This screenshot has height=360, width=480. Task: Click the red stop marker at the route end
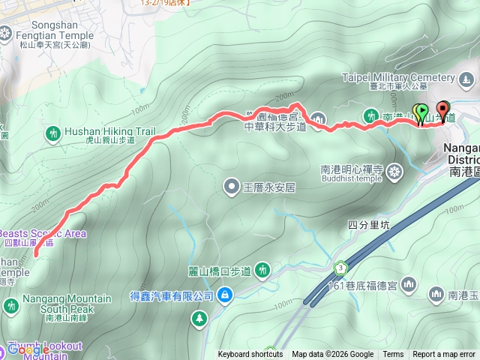pos(442,110)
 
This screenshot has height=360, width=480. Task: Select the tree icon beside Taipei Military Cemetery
pos(466,78)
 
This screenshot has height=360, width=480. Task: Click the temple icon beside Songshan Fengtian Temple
pos(6,33)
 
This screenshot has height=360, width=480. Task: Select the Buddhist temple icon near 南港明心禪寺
pos(395,174)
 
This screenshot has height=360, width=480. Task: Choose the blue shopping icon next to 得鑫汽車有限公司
pos(223,296)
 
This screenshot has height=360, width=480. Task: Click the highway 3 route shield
pos(340,268)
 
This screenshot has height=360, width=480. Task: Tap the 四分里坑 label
pos(370,223)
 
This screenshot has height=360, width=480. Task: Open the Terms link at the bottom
pos(393,355)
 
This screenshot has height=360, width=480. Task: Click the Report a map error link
pos(445,355)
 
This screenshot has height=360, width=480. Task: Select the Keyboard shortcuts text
pos(250,355)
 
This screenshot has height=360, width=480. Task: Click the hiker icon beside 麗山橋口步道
pos(262,270)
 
